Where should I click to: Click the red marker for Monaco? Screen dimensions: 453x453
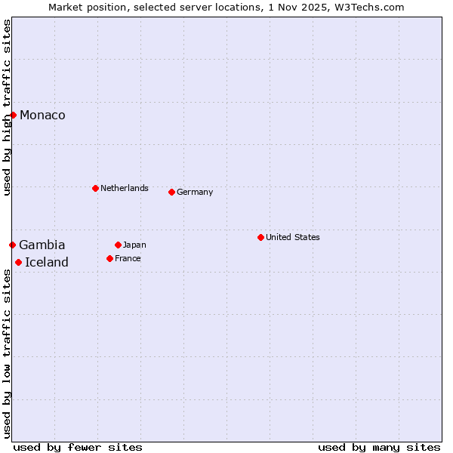pos(14,115)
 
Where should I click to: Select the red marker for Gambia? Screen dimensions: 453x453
pos(13,245)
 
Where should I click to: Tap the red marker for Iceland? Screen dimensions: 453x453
pos(19,262)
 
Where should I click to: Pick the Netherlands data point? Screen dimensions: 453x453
pos(95,188)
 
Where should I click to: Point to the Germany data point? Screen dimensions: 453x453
pos(171,192)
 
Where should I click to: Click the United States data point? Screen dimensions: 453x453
pos(260,237)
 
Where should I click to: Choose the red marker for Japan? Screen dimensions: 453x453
pos(118,245)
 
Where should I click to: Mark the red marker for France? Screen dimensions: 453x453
pos(110,258)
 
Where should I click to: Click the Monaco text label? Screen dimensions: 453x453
pos(42,115)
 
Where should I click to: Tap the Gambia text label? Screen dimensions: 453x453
pos(42,245)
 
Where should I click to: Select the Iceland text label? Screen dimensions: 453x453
pos(47,262)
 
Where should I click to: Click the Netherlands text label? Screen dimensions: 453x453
pos(125,188)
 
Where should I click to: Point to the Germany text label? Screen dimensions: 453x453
pos(195,192)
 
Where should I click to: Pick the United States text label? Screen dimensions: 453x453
pos(293,237)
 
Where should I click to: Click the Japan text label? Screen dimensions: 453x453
pos(134,245)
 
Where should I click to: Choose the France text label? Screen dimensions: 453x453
pos(128,258)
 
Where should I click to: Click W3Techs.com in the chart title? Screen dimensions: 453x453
pos(374,7)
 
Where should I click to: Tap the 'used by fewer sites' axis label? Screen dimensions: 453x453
pos(78,447)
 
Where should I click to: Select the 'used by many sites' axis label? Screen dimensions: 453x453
pos(379,447)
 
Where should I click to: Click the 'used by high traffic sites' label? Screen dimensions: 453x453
pos(7,107)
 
